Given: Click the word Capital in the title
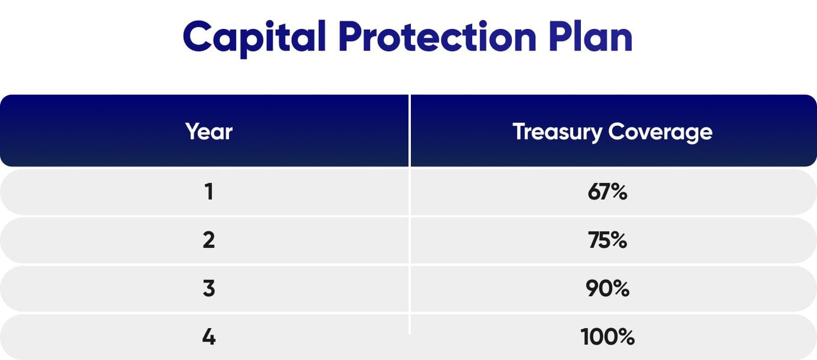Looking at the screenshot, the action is point(254,38).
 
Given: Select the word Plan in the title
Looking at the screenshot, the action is point(591,36).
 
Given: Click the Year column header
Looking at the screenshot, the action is point(208,132).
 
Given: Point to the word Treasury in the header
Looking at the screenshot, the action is point(557,132).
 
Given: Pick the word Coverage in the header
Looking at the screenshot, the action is point(661,132).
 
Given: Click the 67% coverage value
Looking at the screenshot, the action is point(607,192).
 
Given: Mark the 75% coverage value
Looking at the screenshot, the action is point(607,240).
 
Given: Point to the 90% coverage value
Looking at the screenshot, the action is point(607,288).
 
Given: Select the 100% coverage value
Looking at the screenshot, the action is point(607,337).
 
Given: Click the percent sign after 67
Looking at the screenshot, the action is point(619,192).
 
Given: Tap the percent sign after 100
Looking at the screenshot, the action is point(626,337).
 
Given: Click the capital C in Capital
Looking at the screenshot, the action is point(197,36).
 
